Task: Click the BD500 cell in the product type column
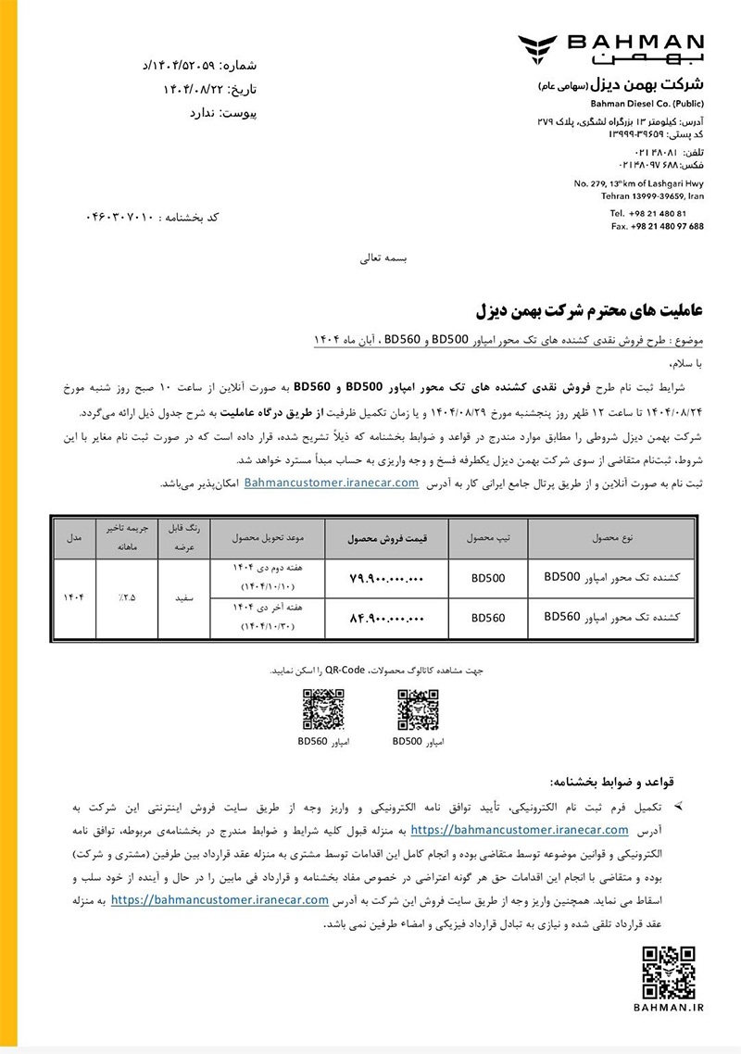tap(487, 579)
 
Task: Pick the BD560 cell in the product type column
tap(487, 618)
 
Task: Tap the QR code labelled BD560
tap(323, 710)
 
